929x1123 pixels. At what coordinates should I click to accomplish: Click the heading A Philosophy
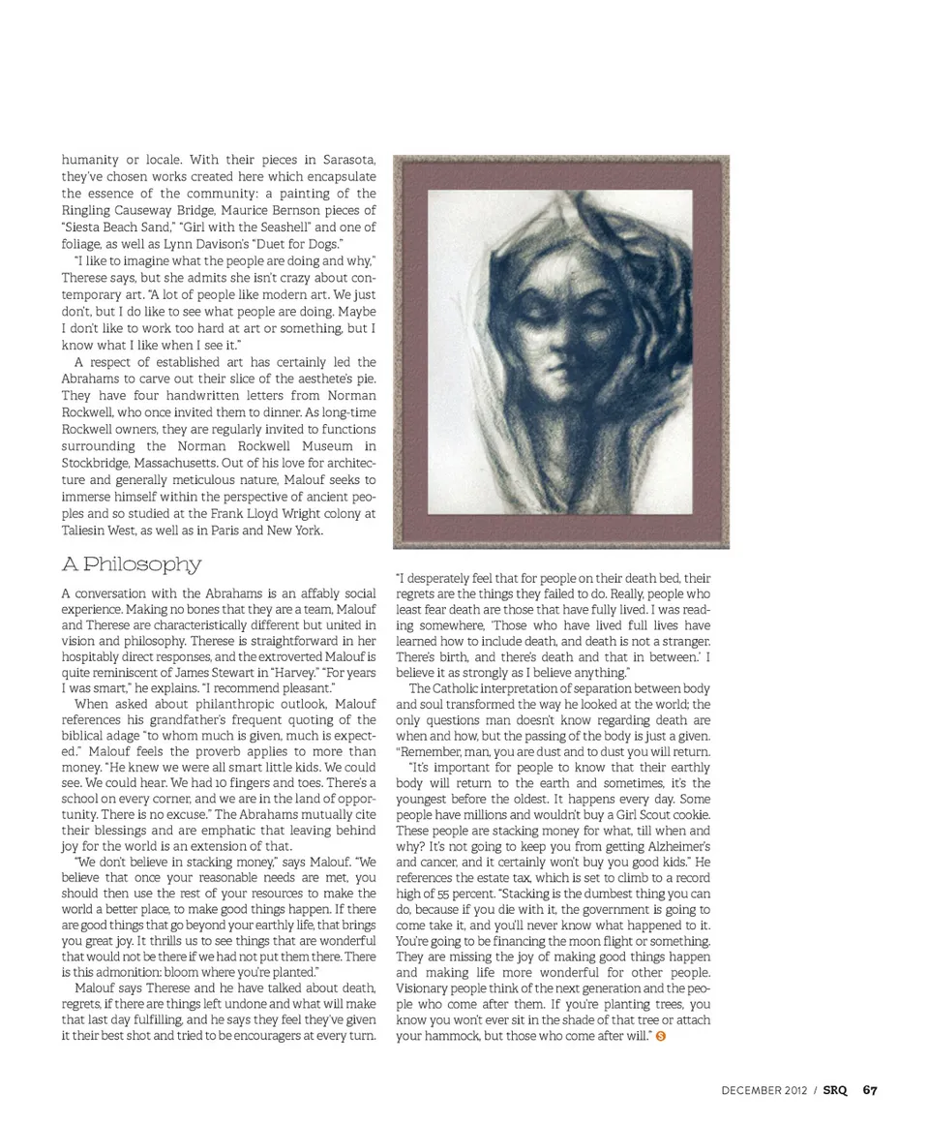point(132,563)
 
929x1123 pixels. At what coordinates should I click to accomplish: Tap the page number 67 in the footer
point(870,1090)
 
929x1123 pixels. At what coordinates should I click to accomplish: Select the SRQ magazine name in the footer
point(835,1090)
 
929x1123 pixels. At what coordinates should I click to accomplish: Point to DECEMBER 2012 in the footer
point(765,1090)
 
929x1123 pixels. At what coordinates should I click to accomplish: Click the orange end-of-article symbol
point(660,1036)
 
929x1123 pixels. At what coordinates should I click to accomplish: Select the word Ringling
point(87,210)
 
